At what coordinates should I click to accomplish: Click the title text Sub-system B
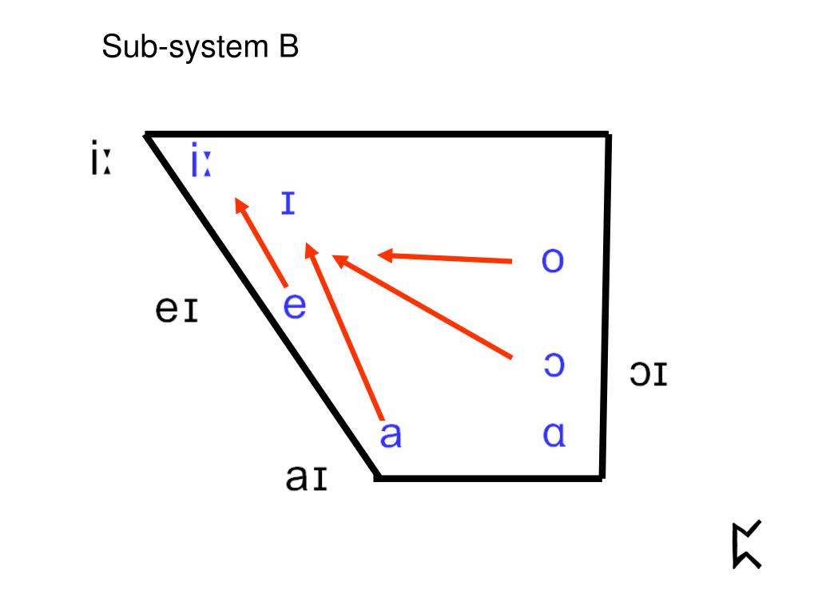point(200,48)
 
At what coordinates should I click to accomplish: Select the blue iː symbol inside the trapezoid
point(200,162)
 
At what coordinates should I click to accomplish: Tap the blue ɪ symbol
point(288,204)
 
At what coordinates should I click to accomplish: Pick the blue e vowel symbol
point(295,306)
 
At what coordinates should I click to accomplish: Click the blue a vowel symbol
point(390,436)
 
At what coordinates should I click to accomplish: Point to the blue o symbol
point(552,261)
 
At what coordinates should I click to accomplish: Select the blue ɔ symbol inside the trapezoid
point(553,365)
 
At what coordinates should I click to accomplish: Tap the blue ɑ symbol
point(554,436)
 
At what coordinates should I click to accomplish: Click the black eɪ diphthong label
point(177,309)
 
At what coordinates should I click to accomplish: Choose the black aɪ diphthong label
point(306,478)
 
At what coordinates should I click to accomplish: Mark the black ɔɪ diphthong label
point(648,374)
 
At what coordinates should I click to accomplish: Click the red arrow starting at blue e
point(261,243)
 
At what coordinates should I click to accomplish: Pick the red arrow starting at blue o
point(444,257)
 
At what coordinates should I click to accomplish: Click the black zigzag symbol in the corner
point(746,544)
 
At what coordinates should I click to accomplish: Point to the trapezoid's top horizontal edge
point(375,134)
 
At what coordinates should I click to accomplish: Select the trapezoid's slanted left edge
point(260,306)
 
